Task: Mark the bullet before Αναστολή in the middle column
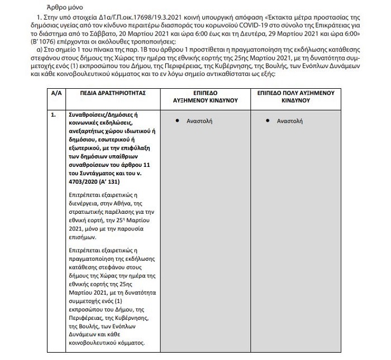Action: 177,120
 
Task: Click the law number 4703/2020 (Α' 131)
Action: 96,181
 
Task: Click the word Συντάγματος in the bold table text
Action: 98,172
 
